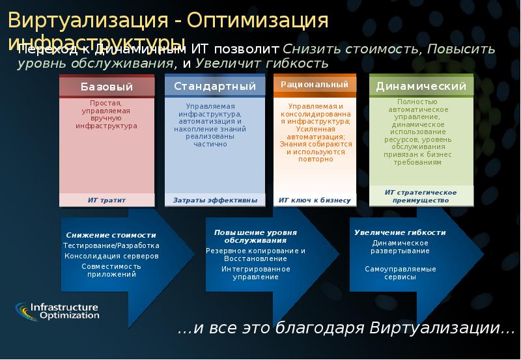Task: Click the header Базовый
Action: point(107,87)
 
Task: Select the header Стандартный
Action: point(214,86)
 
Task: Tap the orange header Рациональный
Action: point(315,84)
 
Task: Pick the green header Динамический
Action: point(421,86)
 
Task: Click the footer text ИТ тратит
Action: point(107,201)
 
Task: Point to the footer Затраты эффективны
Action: point(215,201)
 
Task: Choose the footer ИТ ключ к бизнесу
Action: point(315,201)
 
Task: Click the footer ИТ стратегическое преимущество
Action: point(421,197)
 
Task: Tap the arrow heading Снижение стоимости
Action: point(111,235)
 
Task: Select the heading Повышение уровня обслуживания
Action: point(255,236)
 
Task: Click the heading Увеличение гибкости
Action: point(400,232)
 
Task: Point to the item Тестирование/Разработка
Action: point(111,245)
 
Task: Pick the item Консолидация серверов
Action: point(111,256)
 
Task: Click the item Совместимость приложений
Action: point(111,270)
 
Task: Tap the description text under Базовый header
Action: point(107,114)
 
